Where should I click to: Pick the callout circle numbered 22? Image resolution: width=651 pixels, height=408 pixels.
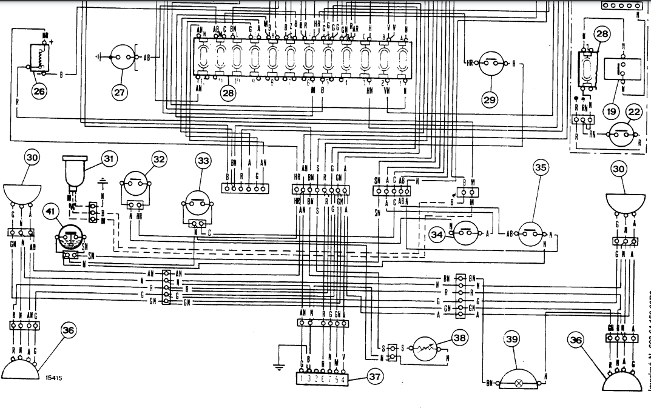[634, 112]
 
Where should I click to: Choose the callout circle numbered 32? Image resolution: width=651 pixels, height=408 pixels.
[159, 159]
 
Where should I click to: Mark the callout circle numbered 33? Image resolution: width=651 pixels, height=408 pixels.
[203, 161]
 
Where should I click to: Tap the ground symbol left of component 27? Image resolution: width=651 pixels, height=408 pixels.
[99, 59]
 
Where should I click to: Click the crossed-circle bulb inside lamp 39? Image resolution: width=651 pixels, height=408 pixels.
[518, 384]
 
